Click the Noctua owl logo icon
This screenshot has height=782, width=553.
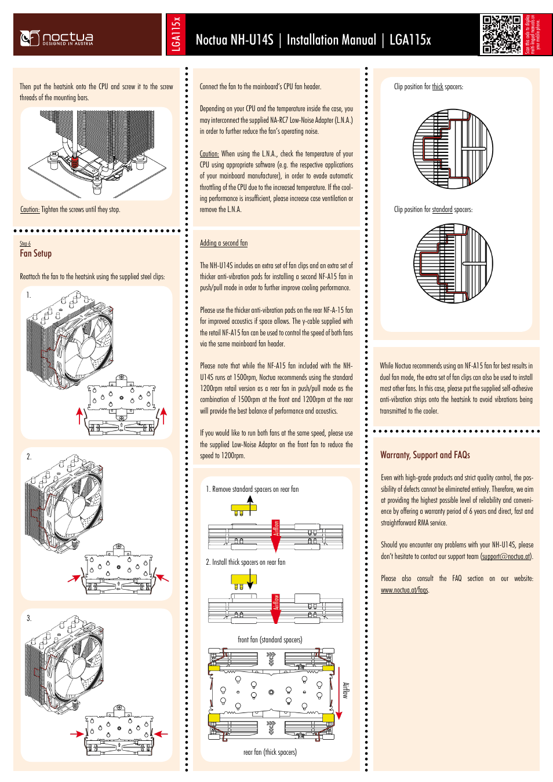[30, 38]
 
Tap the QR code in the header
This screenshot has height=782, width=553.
[501, 34]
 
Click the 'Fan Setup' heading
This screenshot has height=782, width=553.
[36, 254]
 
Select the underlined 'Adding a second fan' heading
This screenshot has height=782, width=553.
[224, 243]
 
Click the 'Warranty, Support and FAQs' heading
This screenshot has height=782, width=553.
[425, 455]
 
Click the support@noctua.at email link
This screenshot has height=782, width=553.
[506, 557]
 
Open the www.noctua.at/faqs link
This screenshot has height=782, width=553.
[404, 590]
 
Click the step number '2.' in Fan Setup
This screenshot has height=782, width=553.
[29, 457]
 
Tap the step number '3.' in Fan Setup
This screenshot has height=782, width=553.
[29, 619]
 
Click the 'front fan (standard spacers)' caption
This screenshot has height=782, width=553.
[270, 640]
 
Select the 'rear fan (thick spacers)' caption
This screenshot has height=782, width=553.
[270, 752]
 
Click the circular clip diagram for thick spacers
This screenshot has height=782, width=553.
[453, 149]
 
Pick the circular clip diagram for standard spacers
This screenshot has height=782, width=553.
[453, 264]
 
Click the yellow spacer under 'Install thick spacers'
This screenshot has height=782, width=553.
[243, 579]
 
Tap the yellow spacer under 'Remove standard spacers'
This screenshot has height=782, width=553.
[243, 508]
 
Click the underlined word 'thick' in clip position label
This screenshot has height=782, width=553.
[437, 87]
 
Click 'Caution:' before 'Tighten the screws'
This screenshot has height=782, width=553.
[30, 210]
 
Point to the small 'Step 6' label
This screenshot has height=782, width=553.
[25, 244]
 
